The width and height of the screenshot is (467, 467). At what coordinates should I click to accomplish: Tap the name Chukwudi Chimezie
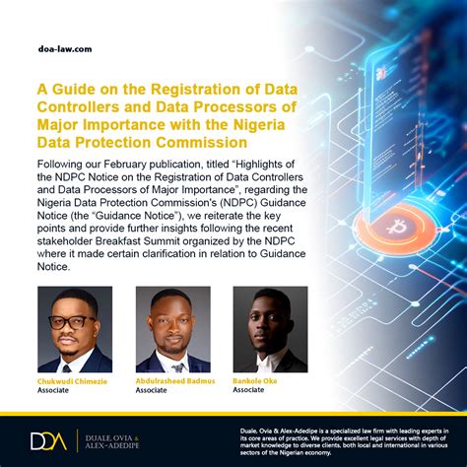74,379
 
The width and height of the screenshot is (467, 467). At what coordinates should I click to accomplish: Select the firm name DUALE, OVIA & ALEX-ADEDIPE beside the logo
112,439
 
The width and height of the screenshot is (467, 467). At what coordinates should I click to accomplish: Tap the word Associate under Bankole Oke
248,389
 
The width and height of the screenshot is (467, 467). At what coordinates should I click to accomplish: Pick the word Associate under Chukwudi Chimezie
52,389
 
